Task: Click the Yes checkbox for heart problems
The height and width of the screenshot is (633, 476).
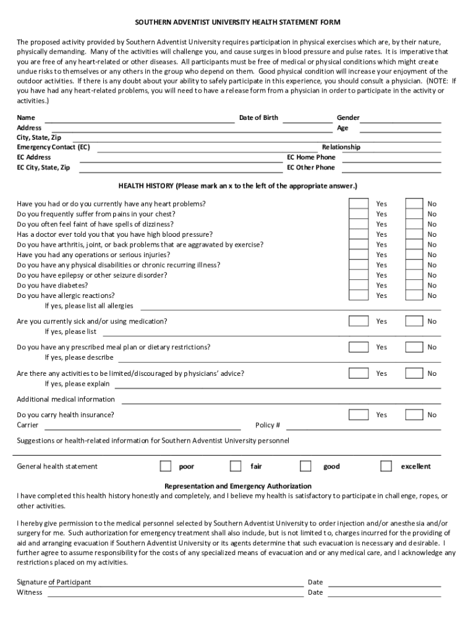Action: click(x=358, y=203)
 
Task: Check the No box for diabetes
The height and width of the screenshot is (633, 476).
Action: click(x=414, y=286)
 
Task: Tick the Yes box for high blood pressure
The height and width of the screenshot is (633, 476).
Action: click(x=358, y=234)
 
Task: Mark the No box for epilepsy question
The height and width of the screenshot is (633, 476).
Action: click(x=414, y=275)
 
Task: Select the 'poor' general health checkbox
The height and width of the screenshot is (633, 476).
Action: click(x=166, y=466)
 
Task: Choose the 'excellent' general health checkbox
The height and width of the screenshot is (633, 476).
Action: click(x=386, y=466)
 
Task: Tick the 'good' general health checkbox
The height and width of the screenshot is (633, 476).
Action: click(x=305, y=466)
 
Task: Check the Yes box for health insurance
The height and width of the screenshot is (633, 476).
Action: click(x=358, y=415)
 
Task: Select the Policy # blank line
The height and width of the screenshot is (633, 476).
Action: click(x=363, y=428)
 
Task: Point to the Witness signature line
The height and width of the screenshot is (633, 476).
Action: click(x=176, y=595)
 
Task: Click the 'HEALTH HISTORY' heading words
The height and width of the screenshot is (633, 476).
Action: click(x=147, y=185)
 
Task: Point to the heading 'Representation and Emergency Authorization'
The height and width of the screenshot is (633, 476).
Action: click(x=237, y=486)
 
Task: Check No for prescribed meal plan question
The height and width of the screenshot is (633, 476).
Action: click(x=414, y=347)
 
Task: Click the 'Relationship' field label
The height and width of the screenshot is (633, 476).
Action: click(x=341, y=147)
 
